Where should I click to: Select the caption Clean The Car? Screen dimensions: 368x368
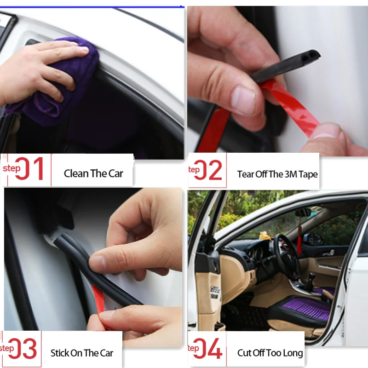pos(93,173)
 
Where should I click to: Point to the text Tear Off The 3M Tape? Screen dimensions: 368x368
pos(277,174)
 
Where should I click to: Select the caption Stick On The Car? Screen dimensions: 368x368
pos(82,353)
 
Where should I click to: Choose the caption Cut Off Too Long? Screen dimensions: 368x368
pos(270,353)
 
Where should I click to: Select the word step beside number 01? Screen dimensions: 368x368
pos(11,168)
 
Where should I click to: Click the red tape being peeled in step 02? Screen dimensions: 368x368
pos(294,103)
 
